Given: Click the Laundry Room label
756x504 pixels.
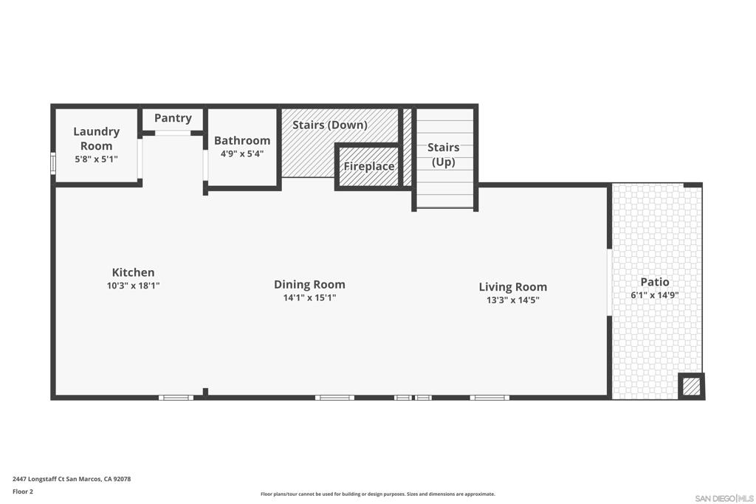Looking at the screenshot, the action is pos(97,138).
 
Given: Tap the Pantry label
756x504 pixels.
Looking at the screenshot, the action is pos(173,118).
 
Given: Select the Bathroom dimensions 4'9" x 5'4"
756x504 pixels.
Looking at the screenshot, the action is pos(242,153).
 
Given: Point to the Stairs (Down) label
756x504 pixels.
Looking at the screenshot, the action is pos(330,125).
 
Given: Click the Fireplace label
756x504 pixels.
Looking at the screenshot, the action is pos(369,166).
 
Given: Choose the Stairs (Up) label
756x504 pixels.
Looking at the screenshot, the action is pos(444,154).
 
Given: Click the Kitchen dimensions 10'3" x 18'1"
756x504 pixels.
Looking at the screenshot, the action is pos(133,286).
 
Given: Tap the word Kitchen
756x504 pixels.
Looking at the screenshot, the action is pos(133,272).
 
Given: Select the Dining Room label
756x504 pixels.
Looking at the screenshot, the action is pos(309,284).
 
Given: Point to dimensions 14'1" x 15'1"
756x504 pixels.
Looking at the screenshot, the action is pos(309,297).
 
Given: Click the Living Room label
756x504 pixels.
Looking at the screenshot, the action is pos(513,287).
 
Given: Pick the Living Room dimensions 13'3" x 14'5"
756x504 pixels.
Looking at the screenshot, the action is pos(513,300).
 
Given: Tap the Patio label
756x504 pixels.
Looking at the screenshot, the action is pos(655,282).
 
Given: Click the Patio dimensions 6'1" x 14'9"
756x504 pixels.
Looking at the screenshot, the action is pos(655,295).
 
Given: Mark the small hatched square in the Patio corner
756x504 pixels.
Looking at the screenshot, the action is pos(691,387).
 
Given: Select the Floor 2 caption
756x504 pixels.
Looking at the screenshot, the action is pos(23,491).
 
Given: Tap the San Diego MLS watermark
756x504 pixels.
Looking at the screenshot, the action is pos(724,498).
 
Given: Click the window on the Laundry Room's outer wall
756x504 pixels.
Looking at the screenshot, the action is pos(53,163).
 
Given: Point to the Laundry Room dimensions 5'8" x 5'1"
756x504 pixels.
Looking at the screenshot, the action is pos(97,159).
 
